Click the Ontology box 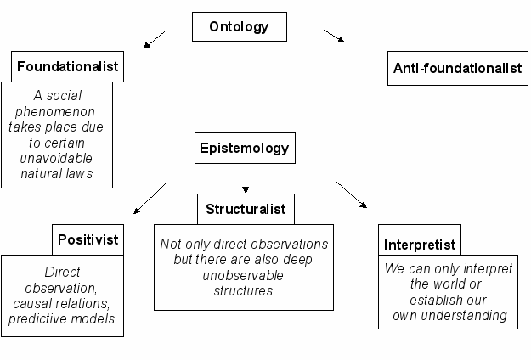coord(240,26)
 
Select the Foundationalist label coord(67,66)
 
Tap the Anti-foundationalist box coord(458,68)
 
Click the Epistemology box coord(245,149)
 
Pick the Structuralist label coord(246,209)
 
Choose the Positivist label coord(88,239)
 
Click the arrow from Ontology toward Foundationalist coord(155,39)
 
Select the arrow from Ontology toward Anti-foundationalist coord(334,36)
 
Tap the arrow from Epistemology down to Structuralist coord(246,183)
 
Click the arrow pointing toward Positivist coord(150,199)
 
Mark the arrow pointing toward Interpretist coord(352,194)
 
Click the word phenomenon coord(55,111)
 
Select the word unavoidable coord(56,158)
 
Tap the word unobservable coord(243,275)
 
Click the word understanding coord(464,315)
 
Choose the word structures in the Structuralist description coord(243,290)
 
